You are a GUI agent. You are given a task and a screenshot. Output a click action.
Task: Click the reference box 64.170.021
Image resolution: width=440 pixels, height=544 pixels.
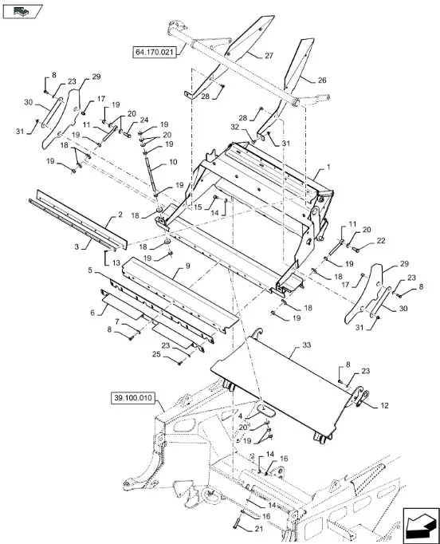(155, 52)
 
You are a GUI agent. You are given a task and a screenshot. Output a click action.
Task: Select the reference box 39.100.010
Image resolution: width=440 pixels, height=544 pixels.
(133, 398)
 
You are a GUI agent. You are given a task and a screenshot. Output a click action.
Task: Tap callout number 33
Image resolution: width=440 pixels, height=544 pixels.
(307, 345)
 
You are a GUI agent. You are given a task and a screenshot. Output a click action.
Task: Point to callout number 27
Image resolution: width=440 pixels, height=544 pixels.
(269, 56)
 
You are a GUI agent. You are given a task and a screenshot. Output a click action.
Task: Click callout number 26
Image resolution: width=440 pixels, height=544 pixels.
(322, 80)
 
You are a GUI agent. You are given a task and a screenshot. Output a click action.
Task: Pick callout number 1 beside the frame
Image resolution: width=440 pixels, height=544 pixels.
(328, 167)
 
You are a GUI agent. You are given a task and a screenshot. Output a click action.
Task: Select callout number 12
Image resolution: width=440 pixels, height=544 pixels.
(384, 405)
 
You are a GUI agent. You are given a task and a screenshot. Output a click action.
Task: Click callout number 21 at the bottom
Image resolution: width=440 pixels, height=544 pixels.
(259, 529)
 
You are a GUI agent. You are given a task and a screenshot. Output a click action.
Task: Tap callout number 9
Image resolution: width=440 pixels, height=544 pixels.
(187, 266)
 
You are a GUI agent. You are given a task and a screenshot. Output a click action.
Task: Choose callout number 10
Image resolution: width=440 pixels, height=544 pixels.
(173, 162)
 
